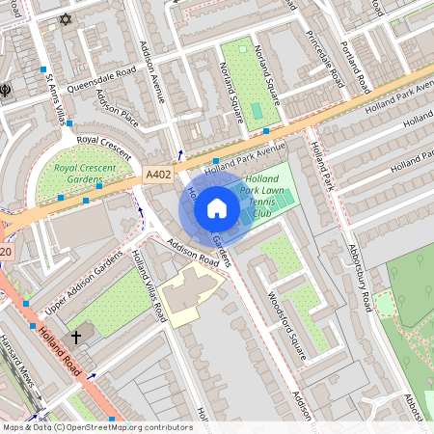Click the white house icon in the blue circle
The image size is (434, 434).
click(217, 208)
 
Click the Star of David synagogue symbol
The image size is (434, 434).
click(66, 19)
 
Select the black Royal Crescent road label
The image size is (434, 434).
click(102, 140)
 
